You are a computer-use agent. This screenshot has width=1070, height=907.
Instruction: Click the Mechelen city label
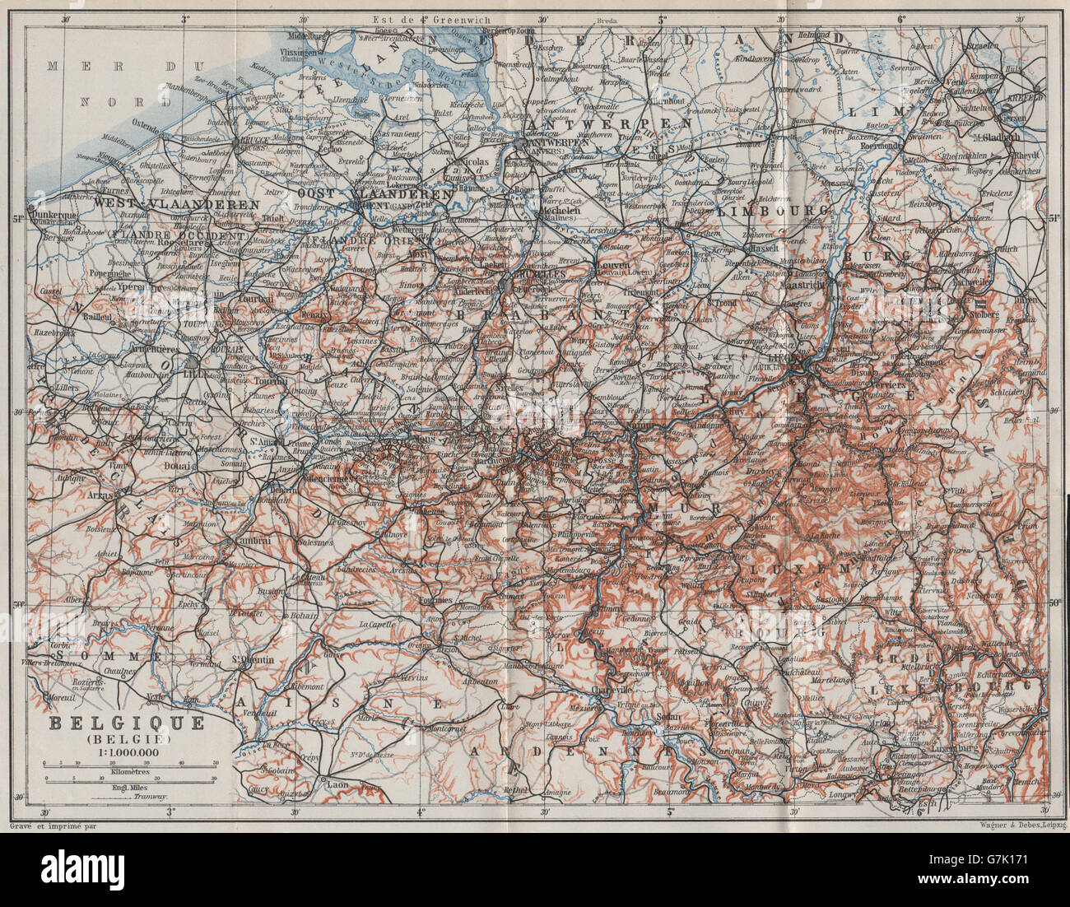(x=561, y=208)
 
